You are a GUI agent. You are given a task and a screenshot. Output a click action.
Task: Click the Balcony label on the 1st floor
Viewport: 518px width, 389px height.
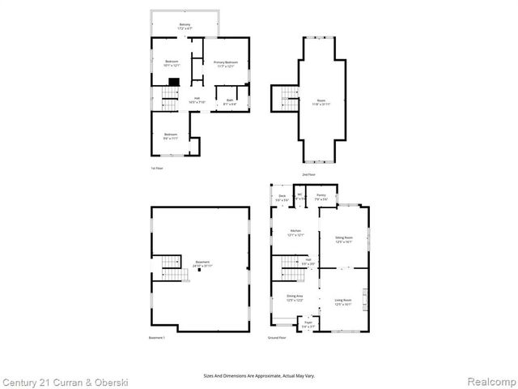[x=185, y=26]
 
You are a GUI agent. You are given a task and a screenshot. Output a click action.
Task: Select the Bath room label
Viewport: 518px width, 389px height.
[x=229, y=103]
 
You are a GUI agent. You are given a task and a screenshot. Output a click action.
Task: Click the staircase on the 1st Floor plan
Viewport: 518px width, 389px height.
[x=169, y=99]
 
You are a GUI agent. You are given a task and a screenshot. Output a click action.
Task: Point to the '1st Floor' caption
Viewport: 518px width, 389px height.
[x=156, y=169]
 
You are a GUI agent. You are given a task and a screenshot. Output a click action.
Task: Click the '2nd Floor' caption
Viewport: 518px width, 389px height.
[x=308, y=175]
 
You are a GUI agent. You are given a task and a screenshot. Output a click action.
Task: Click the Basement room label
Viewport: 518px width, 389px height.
[x=203, y=264]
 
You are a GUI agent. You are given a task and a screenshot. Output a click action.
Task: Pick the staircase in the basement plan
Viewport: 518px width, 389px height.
[x=171, y=267]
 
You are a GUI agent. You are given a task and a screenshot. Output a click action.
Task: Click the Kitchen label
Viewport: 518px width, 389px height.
[x=295, y=233]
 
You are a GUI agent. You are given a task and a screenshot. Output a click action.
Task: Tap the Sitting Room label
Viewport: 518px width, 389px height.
[x=344, y=239]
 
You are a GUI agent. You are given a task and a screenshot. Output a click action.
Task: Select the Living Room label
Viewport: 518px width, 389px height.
[x=343, y=302]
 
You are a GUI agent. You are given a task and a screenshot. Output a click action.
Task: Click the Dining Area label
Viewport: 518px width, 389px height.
[x=295, y=298]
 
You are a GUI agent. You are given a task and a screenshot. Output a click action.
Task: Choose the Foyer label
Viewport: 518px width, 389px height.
[x=308, y=324]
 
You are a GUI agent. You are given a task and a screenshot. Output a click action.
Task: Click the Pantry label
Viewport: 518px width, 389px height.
[x=321, y=197]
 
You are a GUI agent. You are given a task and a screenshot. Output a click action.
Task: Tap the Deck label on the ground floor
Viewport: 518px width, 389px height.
[x=282, y=198]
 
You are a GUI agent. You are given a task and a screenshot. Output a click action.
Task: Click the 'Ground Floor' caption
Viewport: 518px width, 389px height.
[x=277, y=337]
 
